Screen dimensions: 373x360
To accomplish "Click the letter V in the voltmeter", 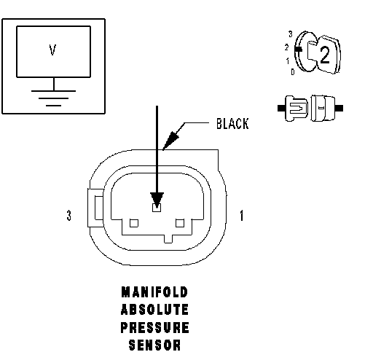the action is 52,50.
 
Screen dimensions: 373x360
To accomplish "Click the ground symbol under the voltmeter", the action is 53,96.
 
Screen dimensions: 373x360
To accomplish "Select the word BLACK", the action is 232,123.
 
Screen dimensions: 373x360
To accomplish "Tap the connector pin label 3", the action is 69,216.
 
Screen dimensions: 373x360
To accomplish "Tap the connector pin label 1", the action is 241,216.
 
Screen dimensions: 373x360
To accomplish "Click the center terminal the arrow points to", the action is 157,208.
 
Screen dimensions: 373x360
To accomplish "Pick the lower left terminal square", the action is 134,223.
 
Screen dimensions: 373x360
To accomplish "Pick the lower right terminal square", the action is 180,223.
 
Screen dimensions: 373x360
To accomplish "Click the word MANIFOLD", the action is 154,292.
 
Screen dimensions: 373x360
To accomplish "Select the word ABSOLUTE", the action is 154,310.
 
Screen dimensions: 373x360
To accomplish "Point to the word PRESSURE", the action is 154,327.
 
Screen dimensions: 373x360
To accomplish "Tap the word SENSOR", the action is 154,345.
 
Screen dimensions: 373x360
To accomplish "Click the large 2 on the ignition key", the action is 325,55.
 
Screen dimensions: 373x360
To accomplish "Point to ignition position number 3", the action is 291,34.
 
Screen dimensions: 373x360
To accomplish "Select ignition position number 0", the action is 293,71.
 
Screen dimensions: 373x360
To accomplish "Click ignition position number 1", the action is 288,61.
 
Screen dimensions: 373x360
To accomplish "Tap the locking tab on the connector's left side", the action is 95,208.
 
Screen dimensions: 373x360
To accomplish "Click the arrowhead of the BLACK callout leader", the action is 171,140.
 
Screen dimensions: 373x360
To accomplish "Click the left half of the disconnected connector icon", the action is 293,109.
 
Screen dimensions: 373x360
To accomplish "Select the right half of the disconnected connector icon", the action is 326,109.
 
